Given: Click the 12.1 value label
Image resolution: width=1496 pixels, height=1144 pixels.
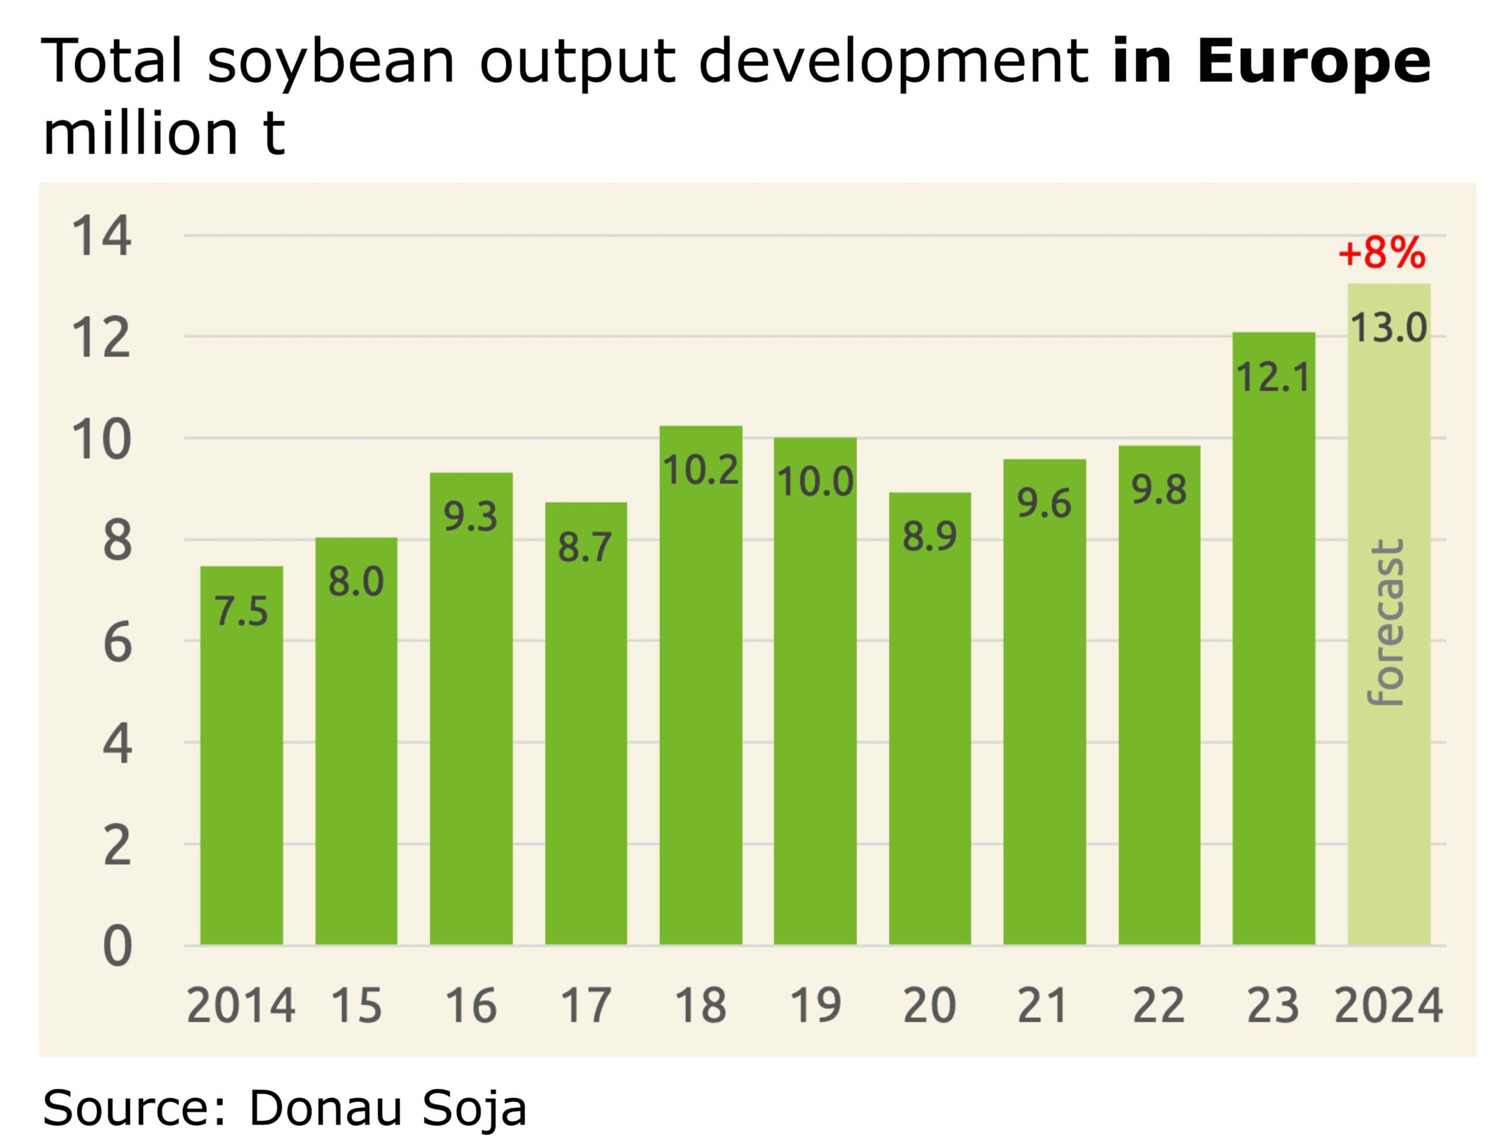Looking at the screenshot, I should (x=1273, y=378).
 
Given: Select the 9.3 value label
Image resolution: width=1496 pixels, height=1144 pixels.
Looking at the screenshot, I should (x=470, y=517).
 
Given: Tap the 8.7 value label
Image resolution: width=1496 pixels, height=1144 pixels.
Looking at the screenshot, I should (x=585, y=548).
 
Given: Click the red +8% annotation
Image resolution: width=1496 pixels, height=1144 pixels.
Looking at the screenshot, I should (x=1381, y=253).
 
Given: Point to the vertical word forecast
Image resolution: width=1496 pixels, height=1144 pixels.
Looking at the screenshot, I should (x=1386, y=623).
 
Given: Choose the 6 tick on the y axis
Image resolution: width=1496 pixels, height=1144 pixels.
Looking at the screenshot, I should (x=117, y=643).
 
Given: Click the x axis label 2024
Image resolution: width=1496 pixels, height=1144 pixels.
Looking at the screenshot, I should (x=1388, y=1006).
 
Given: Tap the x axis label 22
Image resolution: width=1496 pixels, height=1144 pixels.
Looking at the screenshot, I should (x=1159, y=1006).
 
